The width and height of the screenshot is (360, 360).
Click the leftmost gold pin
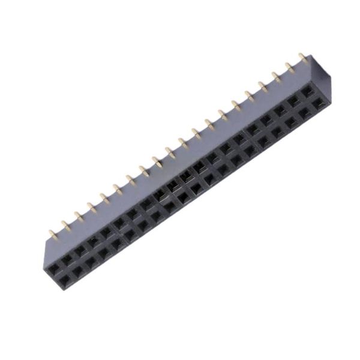click(x=52, y=233)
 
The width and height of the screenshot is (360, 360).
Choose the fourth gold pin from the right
click(x=263, y=85)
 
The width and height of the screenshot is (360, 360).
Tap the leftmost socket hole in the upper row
click(x=53, y=266)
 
